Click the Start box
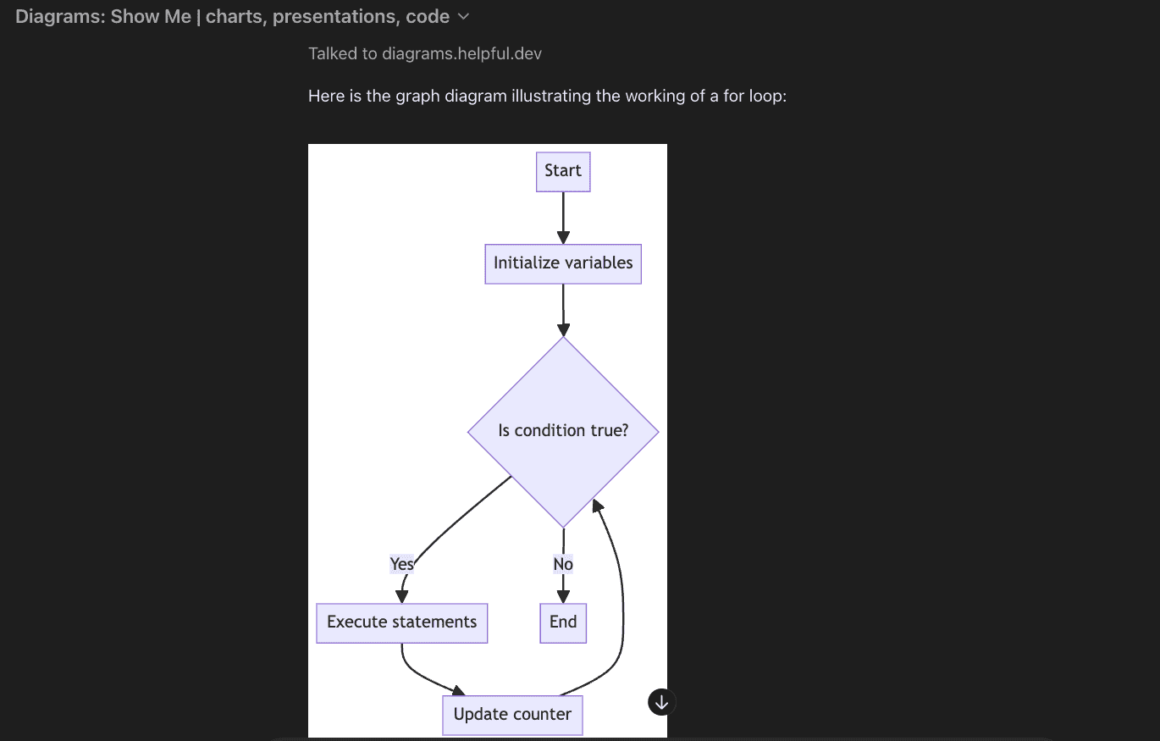point(563,172)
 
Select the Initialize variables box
point(563,263)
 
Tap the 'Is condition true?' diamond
point(563,431)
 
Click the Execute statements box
point(402,622)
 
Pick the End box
point(563,622)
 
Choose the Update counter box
point(512,715)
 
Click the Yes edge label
point(402,564)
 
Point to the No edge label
point(563,564)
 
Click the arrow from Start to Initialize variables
point(563,218)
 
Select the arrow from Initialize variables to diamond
point(563,310)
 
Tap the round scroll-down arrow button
point(662,701)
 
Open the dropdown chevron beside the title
point(462,16)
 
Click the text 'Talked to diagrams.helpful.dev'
point(425,54)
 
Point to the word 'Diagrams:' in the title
point(60,17)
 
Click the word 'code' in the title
point(428,17)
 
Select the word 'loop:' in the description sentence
point(768,97)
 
